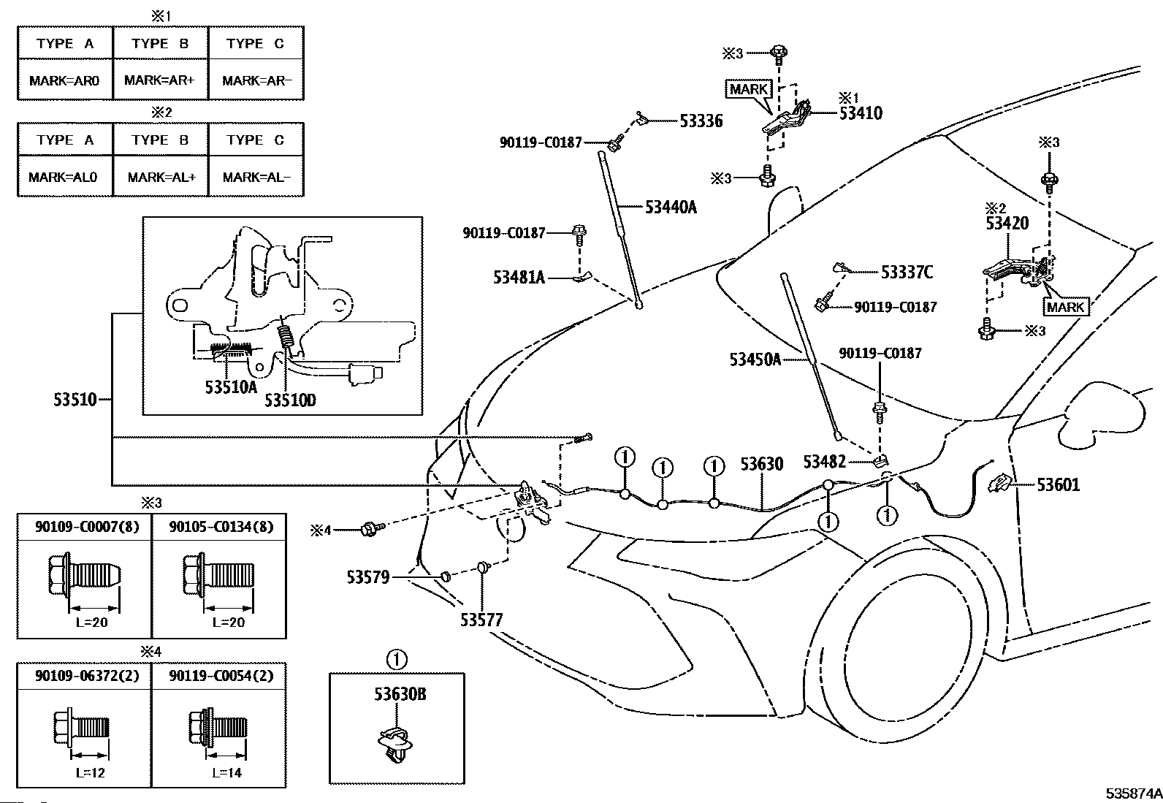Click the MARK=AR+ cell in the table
[x=160, y=80]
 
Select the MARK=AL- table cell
[x=256, y=177]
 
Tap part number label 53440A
[x=671, y=208]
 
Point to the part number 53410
[x=861, y=113]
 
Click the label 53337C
[x=907, y=272]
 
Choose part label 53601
[x=1058, y=484]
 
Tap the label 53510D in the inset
[x=290, y=400]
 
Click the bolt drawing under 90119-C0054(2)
[x=218, y=727]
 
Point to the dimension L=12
[x=91, y=772]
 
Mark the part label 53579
[x=368, y=577]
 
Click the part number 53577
[x=481, y=620]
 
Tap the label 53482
[x=825, y=461]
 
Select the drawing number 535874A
[x=1133, y=793]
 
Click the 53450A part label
[x=755, y=359]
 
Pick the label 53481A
[x=519, y=278]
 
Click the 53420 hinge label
[x=1007, y=224]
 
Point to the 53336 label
[x=701, y=121]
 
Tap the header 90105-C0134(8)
[x=221, y=527]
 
